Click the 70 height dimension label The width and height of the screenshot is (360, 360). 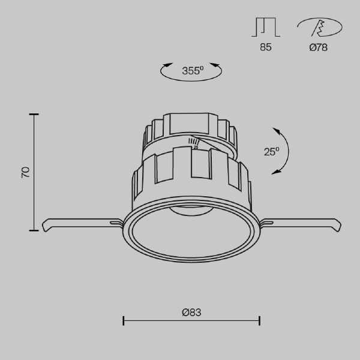[x=25, y=172]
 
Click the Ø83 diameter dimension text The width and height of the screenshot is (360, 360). [x=191, y=312]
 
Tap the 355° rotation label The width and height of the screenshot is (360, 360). [x=193, y=71]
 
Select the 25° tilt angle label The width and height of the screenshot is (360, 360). [x=271, y=152]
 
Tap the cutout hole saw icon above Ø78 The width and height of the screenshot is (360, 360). [x=319, y=28]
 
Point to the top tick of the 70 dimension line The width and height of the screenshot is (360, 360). [x=34, y=114]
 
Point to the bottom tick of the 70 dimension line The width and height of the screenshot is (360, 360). [x=34, y=230]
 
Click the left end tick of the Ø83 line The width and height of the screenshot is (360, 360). [x=123, y=321]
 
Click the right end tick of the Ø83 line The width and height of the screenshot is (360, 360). [x=259, y=321]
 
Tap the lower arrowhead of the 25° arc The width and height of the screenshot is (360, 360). [x=275, y=173]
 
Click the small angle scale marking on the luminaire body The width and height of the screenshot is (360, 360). [x=194, y=143]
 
